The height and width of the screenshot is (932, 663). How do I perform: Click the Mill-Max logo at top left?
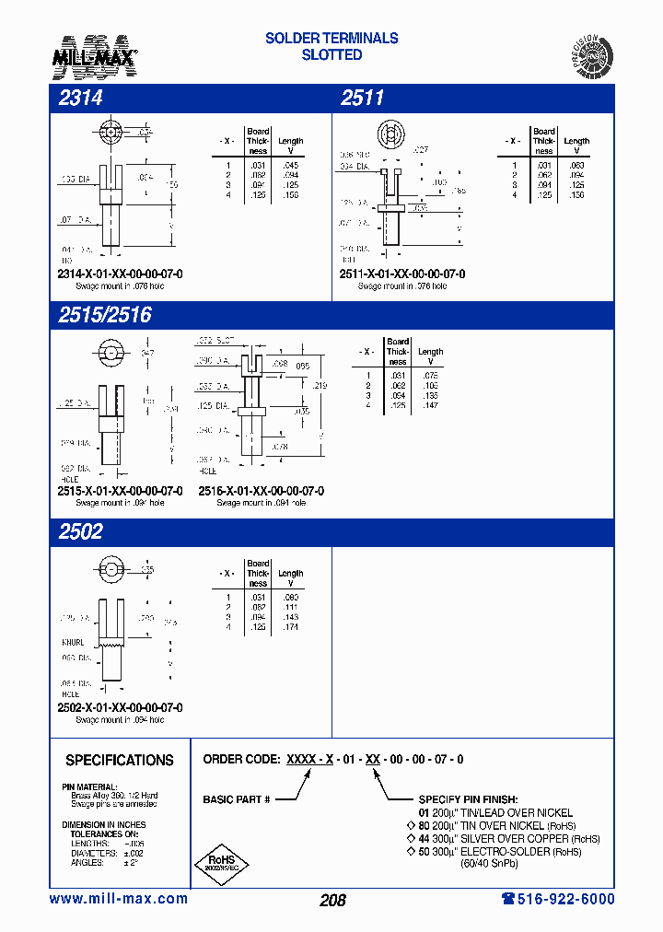100,54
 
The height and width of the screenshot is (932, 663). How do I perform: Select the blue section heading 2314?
81,99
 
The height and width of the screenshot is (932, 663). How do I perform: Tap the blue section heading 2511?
362,99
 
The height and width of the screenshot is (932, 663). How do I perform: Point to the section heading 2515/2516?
105,315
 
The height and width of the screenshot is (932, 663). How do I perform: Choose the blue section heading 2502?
81,531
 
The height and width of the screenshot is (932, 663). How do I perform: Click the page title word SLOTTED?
331,55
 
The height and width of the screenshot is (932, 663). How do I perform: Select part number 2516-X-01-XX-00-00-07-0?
262,491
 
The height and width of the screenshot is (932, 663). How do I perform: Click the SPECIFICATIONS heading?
120,760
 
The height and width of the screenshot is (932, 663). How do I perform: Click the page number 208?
332,900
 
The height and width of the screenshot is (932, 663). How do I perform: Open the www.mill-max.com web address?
118,899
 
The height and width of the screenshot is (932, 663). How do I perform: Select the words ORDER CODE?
241,760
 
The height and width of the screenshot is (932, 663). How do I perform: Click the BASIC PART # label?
237,799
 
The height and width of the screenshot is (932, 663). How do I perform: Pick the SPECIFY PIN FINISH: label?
468,799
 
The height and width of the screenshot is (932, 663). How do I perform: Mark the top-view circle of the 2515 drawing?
109,353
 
